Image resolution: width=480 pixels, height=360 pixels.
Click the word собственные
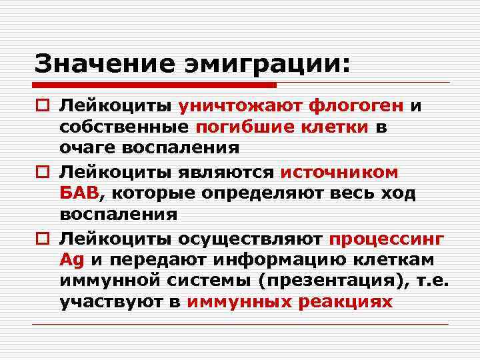coord(125,128)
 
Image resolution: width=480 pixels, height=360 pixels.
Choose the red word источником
coord(339,171)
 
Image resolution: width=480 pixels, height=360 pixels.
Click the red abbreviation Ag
coord(70,259)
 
